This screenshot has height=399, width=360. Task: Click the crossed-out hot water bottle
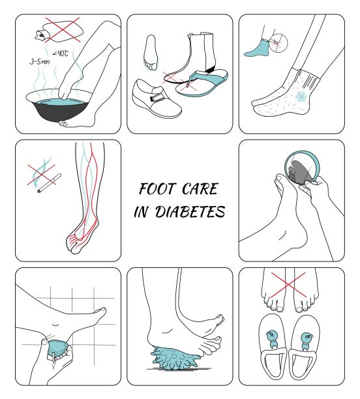[x=59, y=31]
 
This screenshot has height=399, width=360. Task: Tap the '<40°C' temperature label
[x=61, y=53]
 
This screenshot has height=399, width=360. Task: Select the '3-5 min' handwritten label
[x=40, y=61]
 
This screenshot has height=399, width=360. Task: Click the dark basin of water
[x=59, y=107]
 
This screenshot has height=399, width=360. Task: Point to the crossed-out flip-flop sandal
[x=202, y=83]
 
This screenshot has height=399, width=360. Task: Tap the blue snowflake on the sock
[x=301, y=97]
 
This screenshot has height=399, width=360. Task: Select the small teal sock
[x=258, y=48]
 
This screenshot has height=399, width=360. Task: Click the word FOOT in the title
[x=158, y=189]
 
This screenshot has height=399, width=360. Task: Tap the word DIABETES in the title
[x=190, y=212]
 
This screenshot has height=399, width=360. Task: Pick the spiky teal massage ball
[x=173, y=358]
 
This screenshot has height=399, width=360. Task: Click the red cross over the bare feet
[x=288, y=285]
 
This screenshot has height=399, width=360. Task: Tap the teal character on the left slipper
[x=272, y=339]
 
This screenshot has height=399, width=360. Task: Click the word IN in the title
[x=141, y=212]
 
